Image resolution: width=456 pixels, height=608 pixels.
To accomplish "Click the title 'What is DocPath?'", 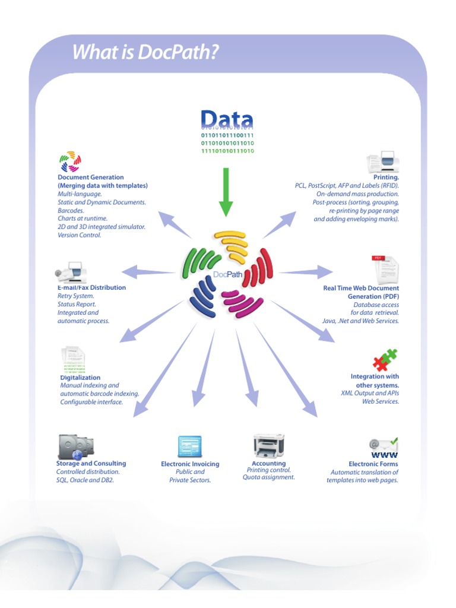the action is point(145,52).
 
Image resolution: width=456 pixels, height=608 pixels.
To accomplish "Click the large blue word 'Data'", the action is point(227,119).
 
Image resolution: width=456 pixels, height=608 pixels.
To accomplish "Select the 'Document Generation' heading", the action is point(91,177).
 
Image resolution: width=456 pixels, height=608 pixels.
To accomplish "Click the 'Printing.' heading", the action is point(386,177).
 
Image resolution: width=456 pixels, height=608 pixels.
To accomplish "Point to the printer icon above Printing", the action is point(384,161).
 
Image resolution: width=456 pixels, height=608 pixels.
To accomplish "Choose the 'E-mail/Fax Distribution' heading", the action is point(91,287).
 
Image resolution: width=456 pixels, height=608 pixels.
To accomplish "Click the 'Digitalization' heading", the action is point(80,378).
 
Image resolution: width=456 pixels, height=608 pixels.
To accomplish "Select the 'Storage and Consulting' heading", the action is point(91,463).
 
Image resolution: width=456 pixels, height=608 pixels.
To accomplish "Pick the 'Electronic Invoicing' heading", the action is point(190,464).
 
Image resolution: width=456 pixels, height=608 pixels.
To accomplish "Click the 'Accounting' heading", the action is point(268,463).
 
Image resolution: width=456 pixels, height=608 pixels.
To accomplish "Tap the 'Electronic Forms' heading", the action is point(373,464).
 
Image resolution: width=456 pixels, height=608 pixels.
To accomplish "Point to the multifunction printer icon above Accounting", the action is point(268,445).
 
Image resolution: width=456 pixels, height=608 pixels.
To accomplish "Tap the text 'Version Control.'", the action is point(80,235).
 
